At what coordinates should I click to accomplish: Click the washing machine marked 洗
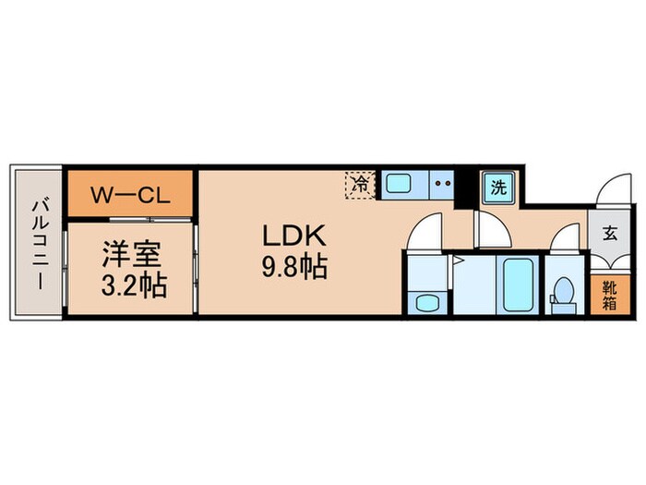coord(497,188)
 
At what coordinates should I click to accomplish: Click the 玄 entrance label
coord(611,234)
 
